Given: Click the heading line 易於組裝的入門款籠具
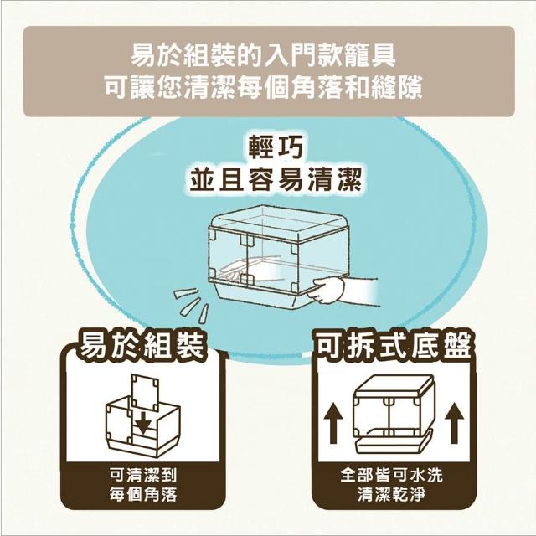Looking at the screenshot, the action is (x=263, y=56).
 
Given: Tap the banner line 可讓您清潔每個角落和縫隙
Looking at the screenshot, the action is (x=263, y=88).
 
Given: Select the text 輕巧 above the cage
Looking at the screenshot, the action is (x=276, y=147).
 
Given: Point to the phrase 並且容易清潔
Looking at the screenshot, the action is (x=276, y=180).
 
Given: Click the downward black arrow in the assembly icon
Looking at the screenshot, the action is (x=143, y=424).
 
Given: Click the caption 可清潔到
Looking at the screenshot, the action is (x=143, y=475).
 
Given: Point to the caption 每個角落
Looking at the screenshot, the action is (x=143, y=494).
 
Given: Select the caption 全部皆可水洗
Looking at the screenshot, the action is (x=391, y=475).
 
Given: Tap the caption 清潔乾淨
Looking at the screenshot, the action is (x=391, y=494).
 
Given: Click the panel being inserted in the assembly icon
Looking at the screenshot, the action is (x=146, y=392).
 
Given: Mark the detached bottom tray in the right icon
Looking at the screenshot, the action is (x=393, y=443).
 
